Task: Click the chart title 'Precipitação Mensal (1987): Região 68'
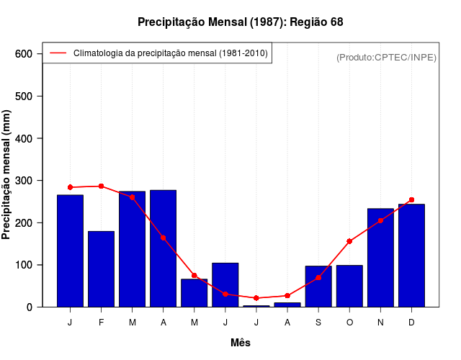pos(240,22)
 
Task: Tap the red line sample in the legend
pos(58,53)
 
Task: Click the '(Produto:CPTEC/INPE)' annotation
pos(386,57)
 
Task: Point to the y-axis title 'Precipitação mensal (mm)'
pos(7,174)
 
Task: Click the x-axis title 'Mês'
pos(241,343)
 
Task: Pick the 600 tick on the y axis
pos(24,54)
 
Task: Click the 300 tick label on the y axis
pos(24,181)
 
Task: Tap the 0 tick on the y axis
pos(30,307)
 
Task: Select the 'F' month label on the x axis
pos(102,323)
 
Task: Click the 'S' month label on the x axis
pos(318,323)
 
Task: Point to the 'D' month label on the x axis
pos(411,323)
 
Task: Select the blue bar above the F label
pos(102,269)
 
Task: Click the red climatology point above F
pos(102,186)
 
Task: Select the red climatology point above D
pos(411,199)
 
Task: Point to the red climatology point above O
pos(349,241)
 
